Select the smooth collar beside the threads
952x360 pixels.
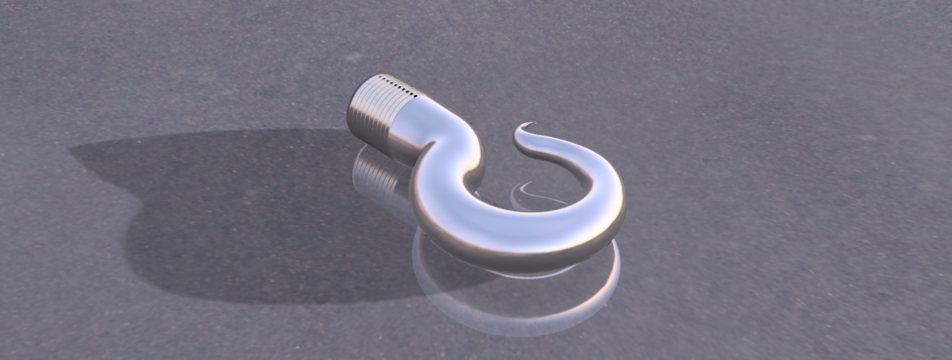click(x=412, y=124)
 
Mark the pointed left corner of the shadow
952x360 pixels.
click(x=72, y=152)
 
